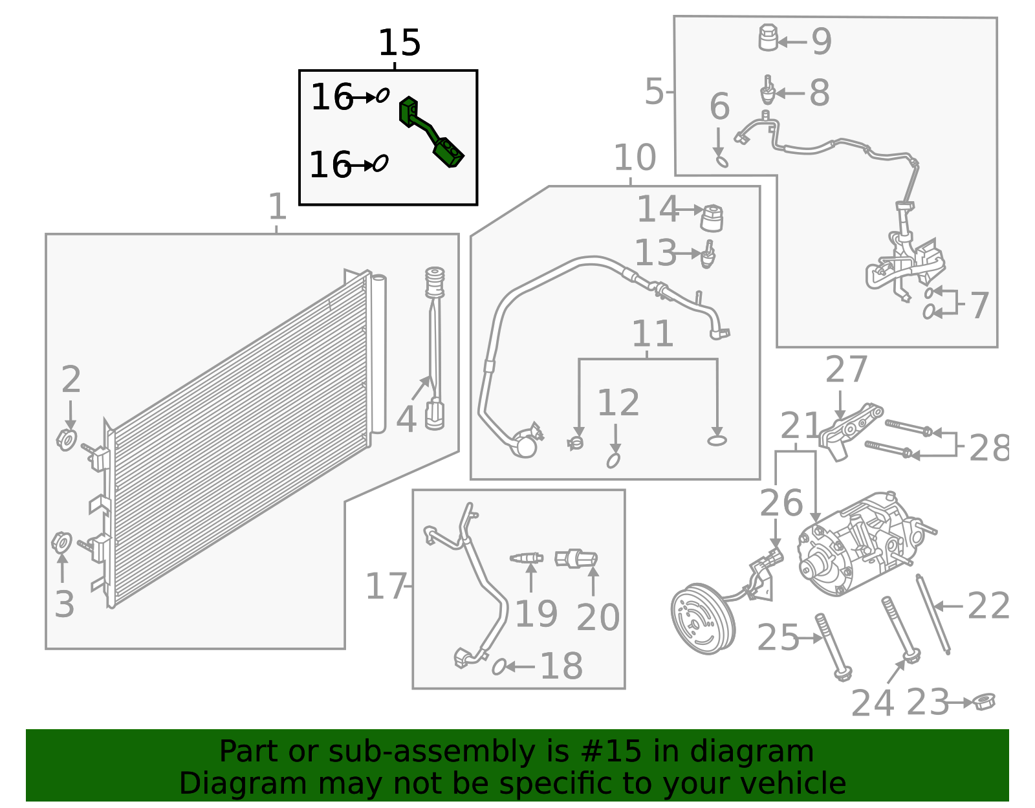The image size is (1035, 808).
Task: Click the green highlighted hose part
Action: click(x=430, y=133)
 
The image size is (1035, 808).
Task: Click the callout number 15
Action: click(x=399, y=43)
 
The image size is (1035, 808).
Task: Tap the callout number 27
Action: click(x=845, y=370)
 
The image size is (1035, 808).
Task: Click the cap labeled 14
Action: click(x=712, y=218)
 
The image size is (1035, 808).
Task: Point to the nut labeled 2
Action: click(x=67, y=440)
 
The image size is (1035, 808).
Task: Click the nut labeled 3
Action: click(x=61, y=542)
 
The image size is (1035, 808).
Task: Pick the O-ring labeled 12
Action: click(x=613, y=460)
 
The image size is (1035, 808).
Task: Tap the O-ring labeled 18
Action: click(x=499, y=666)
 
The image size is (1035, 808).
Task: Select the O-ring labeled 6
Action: click(x=721, y=159)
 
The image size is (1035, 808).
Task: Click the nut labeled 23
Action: click(x=984, y=701)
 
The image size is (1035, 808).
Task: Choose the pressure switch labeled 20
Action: click(x=576, y=558)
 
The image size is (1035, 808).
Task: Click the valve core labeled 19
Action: click(x=527, y=558)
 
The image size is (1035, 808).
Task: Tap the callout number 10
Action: click(x=634, y=158)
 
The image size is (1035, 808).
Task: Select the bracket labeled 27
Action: click(x=847, y=430)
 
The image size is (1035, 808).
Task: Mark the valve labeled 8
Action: click(x=768, y=91)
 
